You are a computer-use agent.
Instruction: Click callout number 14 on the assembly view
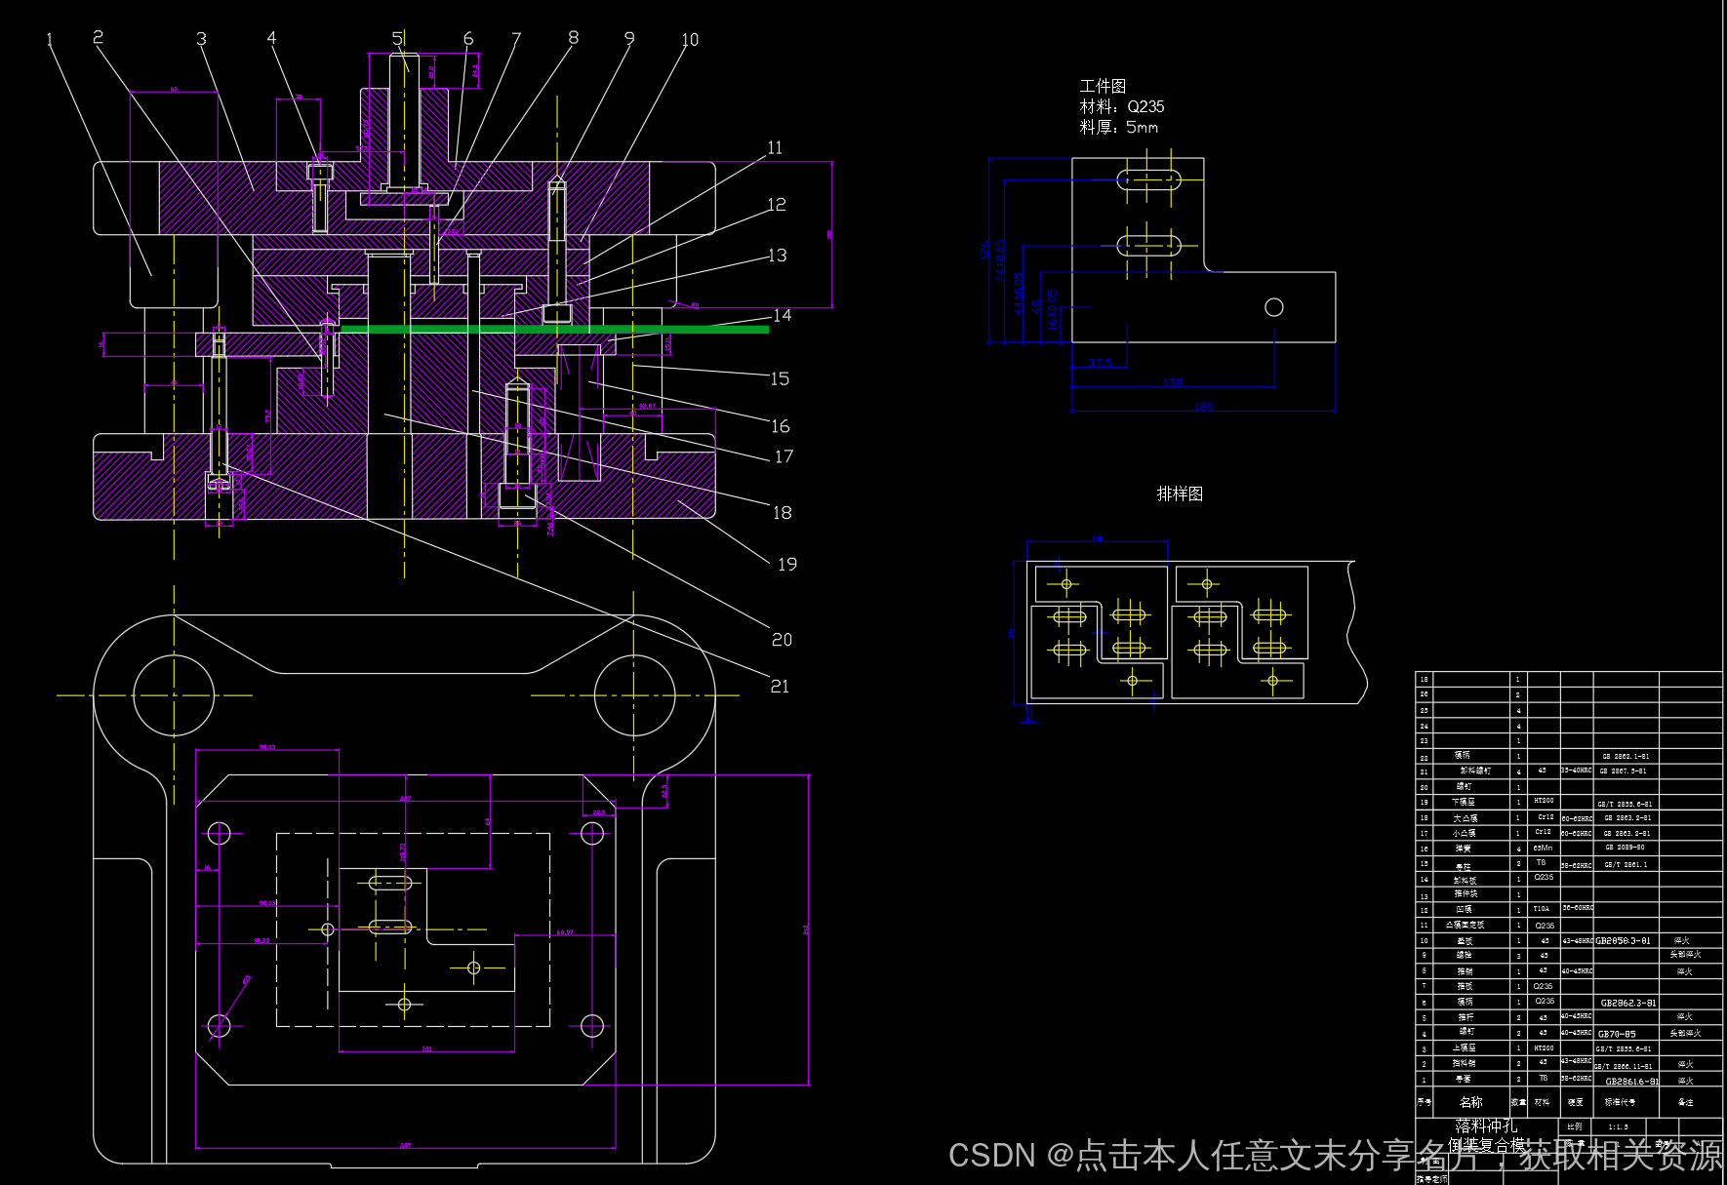point(782,316)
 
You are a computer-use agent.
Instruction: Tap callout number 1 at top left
point(50,41)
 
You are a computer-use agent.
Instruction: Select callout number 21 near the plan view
point(780,687)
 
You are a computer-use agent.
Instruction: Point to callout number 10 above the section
point(690,40)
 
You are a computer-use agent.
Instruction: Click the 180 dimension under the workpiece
point(1204,407)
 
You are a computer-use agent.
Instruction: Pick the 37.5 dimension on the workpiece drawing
point(1100,363)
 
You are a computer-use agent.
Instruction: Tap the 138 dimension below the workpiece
point(1173,382)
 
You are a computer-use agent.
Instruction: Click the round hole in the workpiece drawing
point(1273,307)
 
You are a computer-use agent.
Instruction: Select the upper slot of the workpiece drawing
point(1148,179)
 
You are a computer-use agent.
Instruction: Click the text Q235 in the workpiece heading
point(1145,106)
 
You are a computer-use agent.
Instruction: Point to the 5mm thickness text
point(1142,127)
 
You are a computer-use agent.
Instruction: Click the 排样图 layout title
point(1180,494)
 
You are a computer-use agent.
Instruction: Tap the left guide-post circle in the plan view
point(174,695)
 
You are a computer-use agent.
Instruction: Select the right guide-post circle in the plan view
point(634,695)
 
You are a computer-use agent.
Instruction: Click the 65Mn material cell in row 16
point(1544,849)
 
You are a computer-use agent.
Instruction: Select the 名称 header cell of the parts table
point(1470,1102)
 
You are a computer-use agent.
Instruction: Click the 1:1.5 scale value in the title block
point(1618,1126)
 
